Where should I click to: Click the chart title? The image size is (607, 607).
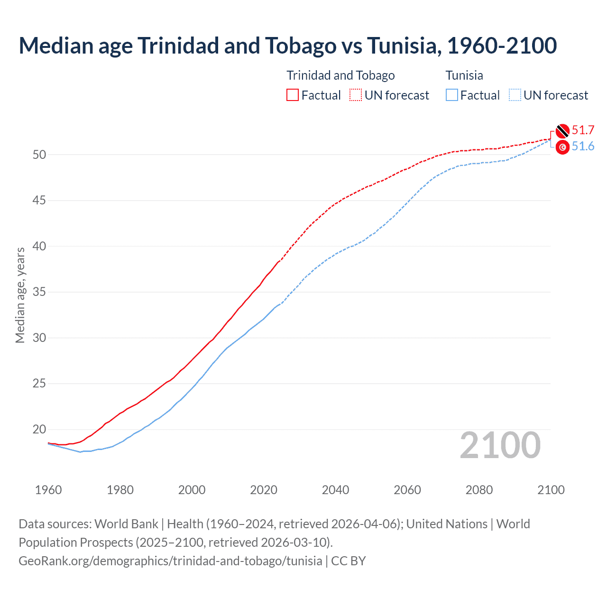(x=287, y=46)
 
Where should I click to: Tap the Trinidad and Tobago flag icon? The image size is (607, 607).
(x=562, y=130)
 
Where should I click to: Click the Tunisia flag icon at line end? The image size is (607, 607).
(x=562, y=147)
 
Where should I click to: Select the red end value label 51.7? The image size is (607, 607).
(x=583, y=130)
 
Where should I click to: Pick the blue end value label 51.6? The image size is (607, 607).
(x=583, y=147)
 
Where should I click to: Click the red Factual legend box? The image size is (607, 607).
(x=293, y=95)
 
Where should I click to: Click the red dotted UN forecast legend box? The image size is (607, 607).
(x=356, y=95)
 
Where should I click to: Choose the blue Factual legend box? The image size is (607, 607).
(x=452, y=95)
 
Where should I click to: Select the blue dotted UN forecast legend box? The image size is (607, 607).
(x=515, y=95)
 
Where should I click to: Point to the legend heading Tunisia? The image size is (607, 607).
(x=464, y=75)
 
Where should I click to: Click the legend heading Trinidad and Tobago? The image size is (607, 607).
(x=340, y=75)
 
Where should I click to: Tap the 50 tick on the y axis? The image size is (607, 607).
(x=39, y=155)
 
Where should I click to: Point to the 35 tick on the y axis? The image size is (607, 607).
(x=39, y=292)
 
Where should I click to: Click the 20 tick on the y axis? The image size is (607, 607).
(x=39, y=430)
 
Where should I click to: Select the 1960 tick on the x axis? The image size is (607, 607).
(x=48, y=490)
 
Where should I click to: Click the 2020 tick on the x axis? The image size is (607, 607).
(x=264, y=490)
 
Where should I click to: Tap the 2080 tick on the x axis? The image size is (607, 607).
(x=479, y=490)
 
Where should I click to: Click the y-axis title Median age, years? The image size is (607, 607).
(x=20, y=295)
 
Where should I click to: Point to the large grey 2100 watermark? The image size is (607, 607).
(x=500, y=445)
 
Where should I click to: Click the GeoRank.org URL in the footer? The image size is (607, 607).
(x=170, y=561)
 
